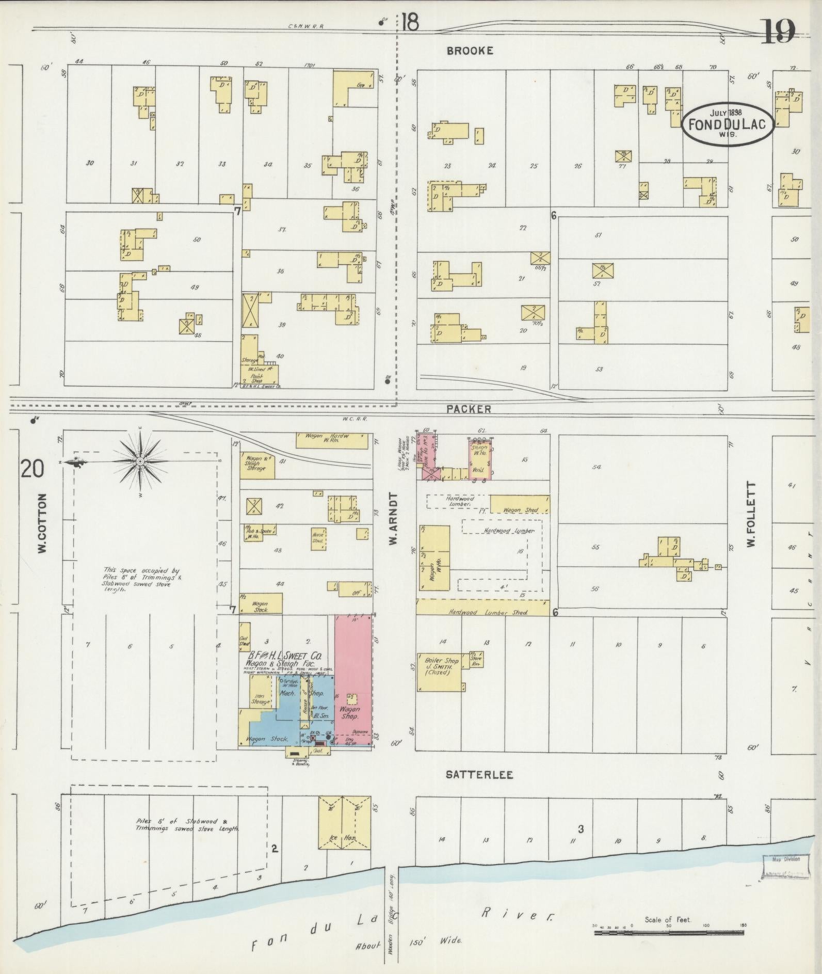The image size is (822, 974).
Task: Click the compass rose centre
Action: click(x=140, y=460)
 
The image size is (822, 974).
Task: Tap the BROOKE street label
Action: click(x=470, y=51)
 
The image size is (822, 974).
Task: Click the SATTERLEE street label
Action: click(x=479, y=775)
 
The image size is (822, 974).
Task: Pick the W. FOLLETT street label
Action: click(x=751, y=515)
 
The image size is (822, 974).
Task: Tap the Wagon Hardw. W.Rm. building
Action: click(x=332, y=440)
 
